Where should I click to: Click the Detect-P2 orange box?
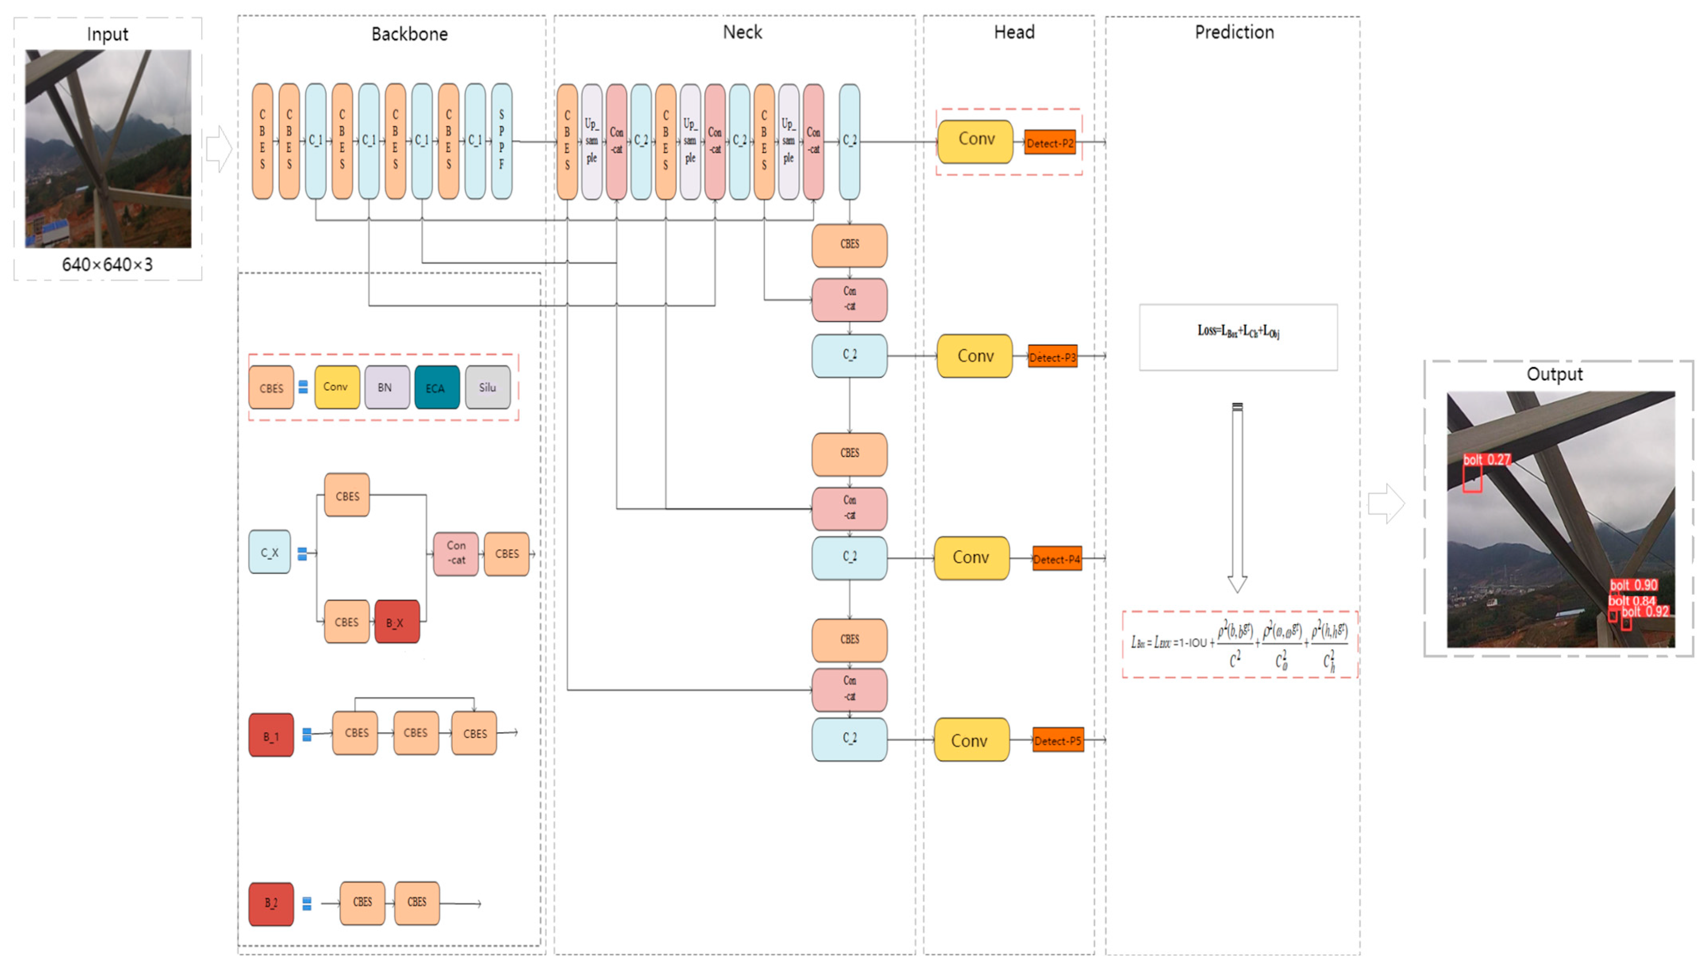pos(1050,143)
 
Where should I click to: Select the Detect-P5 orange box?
pos(1057,740)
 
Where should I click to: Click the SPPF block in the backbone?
pos(502,141)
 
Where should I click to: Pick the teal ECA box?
pos(436,387)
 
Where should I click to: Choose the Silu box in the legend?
pos(487,387)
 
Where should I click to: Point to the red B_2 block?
pos(271,903)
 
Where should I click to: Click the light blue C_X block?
pos(269,552)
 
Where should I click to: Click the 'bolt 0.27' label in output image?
pos(1486,460)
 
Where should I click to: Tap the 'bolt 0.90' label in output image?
pos(1633,585)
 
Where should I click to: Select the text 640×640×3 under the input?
pos(108,265)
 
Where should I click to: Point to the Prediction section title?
pos(1234,32)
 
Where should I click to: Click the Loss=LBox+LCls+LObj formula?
pos(1238,331)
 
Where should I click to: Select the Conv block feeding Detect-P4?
pos(971,558)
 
